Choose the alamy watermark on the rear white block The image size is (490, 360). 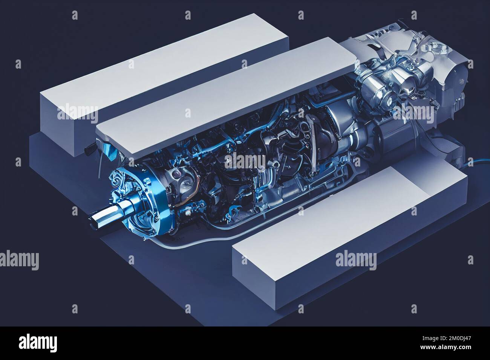[x=77, y=111]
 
